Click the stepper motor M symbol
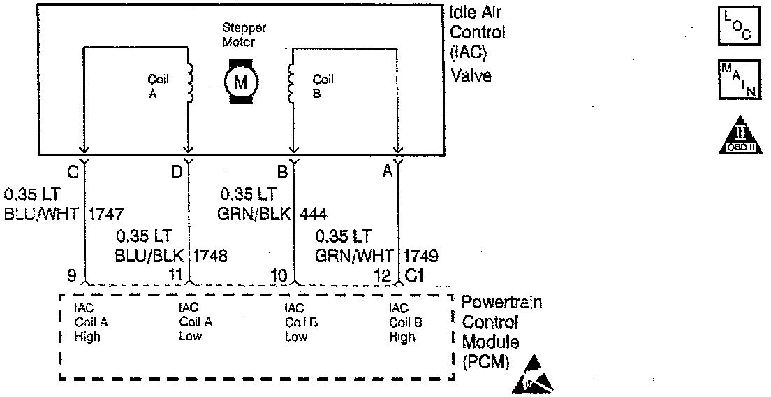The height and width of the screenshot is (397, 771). pos(240,82)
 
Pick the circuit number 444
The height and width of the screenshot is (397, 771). pos(313,214)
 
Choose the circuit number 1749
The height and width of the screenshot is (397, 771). pos(422,255)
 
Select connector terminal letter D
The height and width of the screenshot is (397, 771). pos(177,170)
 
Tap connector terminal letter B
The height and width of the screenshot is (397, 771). pos(282,170)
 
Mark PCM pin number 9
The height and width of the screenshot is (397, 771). pos(71,276)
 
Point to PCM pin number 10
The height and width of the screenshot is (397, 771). pos(279,276)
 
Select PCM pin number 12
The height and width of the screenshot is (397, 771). pos(383,276)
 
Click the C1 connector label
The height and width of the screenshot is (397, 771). pos(414,276)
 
